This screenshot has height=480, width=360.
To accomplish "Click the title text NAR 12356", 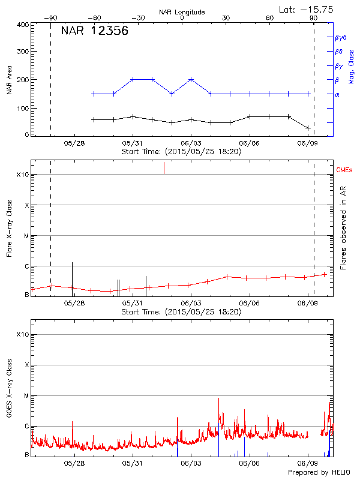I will [95, 32].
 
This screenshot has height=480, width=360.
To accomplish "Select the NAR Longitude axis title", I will [182, 12].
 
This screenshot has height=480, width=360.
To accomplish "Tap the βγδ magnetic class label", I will [340, 37].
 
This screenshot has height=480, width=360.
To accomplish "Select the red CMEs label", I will [344, 171].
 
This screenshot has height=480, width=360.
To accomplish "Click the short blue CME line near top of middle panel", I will [164, 168].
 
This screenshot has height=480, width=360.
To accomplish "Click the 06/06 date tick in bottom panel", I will [249, 463].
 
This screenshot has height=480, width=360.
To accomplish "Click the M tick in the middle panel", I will [26, 236].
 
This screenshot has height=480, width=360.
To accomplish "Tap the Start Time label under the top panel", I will [181, 151].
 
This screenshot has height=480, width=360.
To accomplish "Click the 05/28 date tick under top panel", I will [74, 143].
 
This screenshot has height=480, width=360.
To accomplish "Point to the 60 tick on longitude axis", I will [270, 18].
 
